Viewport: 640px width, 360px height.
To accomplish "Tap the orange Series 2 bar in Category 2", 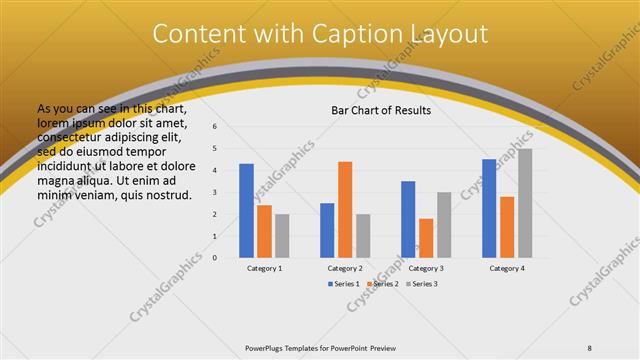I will click(x=345, y=209).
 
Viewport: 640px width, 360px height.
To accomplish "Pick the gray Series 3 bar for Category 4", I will click(x=525, y=203).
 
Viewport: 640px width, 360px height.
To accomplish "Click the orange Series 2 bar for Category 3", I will click(x=426, y=238).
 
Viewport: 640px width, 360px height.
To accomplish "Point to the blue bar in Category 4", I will click(x=489, y=208).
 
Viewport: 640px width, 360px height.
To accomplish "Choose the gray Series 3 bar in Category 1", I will click(x=282, y=236).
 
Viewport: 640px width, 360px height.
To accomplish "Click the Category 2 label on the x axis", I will click(x=345, y=268).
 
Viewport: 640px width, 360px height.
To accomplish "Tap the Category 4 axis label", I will click(x=507, y=268).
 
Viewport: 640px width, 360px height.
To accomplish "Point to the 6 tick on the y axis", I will click(x=214, y=127).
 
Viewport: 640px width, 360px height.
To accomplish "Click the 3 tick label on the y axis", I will click(x=214, y=192).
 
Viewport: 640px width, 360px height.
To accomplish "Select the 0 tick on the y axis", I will click(x=214, y=258).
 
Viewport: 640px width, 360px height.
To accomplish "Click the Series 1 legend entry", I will click(x=345, y=284).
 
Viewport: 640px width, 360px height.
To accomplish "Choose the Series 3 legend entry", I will click(x=424, y=284).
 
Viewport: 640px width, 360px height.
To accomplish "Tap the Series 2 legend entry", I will click(x=385, y=284).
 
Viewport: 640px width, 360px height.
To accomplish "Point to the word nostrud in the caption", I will click(x=169, y=194).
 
